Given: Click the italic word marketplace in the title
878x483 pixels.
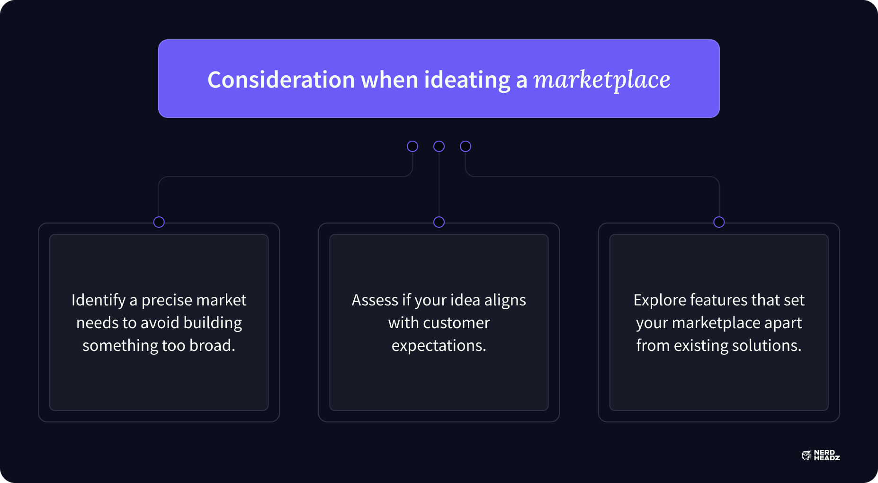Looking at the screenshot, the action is [x=602, y=80].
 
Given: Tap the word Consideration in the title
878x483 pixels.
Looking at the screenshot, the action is [x=281, y=80].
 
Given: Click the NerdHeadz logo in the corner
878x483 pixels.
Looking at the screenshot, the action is [x=821, y=456].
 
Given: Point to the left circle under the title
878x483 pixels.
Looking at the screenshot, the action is [x=412, y=146].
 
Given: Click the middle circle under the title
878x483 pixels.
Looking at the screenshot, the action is [x=439, y=146].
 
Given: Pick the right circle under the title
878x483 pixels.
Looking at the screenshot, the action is [x=466, y=146].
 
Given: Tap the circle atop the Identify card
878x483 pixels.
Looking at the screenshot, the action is [x=159, y=222].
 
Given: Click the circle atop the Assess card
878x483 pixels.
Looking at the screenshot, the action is [x=439, y=222].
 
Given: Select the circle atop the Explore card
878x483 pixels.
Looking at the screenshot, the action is [x=719, y=222].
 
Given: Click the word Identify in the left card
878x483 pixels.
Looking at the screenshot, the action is [x=99, y=300].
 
